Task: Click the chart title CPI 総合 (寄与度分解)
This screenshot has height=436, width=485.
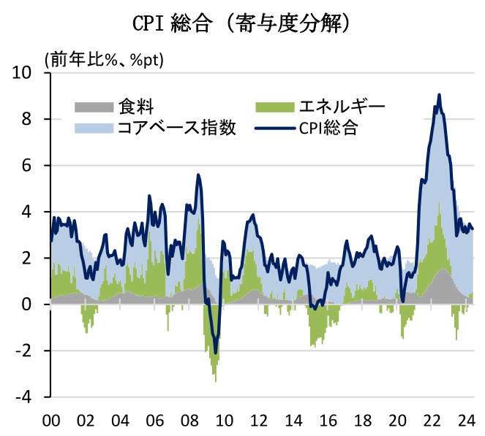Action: coord(241,23)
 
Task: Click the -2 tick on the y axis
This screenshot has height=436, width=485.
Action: coord(23,351)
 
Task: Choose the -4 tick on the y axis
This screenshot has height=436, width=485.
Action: coord(23,397)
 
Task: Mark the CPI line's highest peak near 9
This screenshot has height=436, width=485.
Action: coord(439,94)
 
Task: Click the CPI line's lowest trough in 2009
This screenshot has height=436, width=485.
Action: coord(215,352)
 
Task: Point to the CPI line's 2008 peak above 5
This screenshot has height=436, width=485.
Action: coord(198,175)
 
